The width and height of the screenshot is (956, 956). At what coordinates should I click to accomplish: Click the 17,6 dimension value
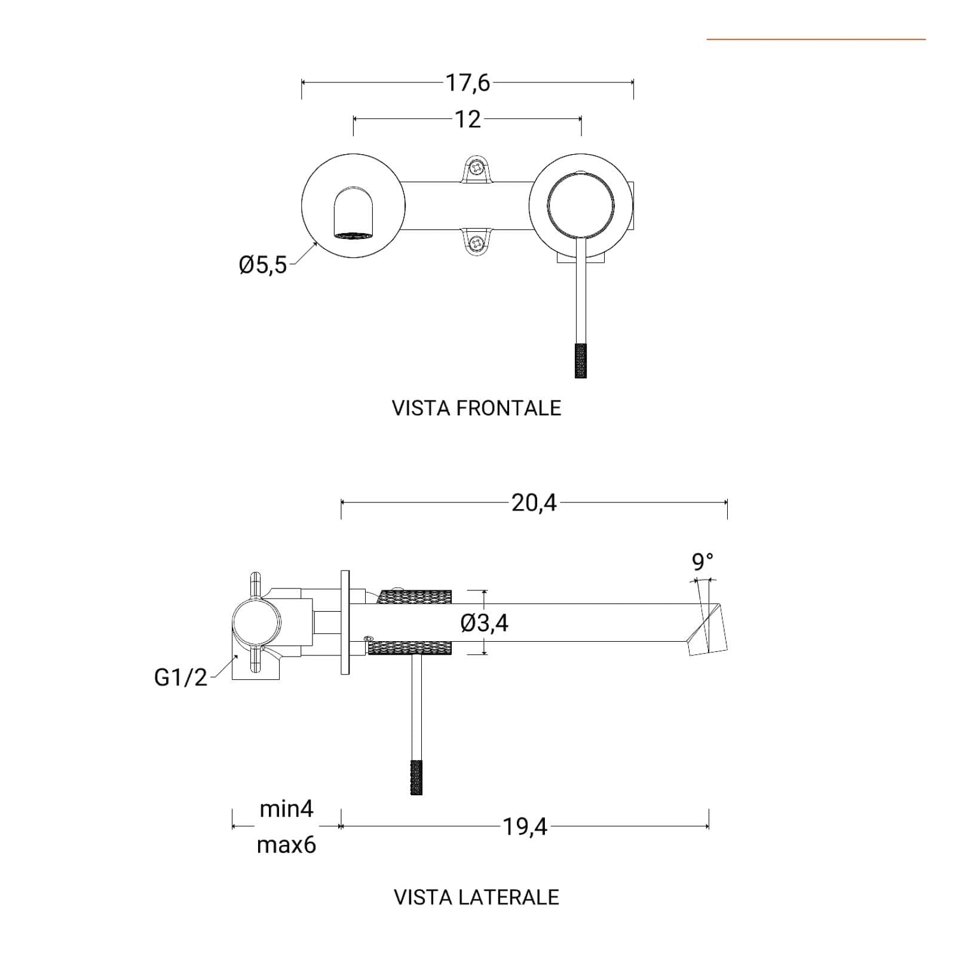467,82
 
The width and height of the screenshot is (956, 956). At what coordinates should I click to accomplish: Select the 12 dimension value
468,119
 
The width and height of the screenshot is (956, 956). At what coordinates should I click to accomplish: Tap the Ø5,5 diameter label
263,265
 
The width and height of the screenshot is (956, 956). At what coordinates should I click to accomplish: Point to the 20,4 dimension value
534,502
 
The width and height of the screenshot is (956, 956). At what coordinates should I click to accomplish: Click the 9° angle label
702,562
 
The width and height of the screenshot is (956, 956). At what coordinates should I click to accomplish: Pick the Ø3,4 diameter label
484,623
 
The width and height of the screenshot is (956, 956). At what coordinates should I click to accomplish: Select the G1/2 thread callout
180,678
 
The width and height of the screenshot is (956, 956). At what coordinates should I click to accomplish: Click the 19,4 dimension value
525,827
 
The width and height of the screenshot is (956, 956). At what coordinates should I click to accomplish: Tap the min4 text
286,809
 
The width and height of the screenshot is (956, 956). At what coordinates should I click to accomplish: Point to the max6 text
286,845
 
